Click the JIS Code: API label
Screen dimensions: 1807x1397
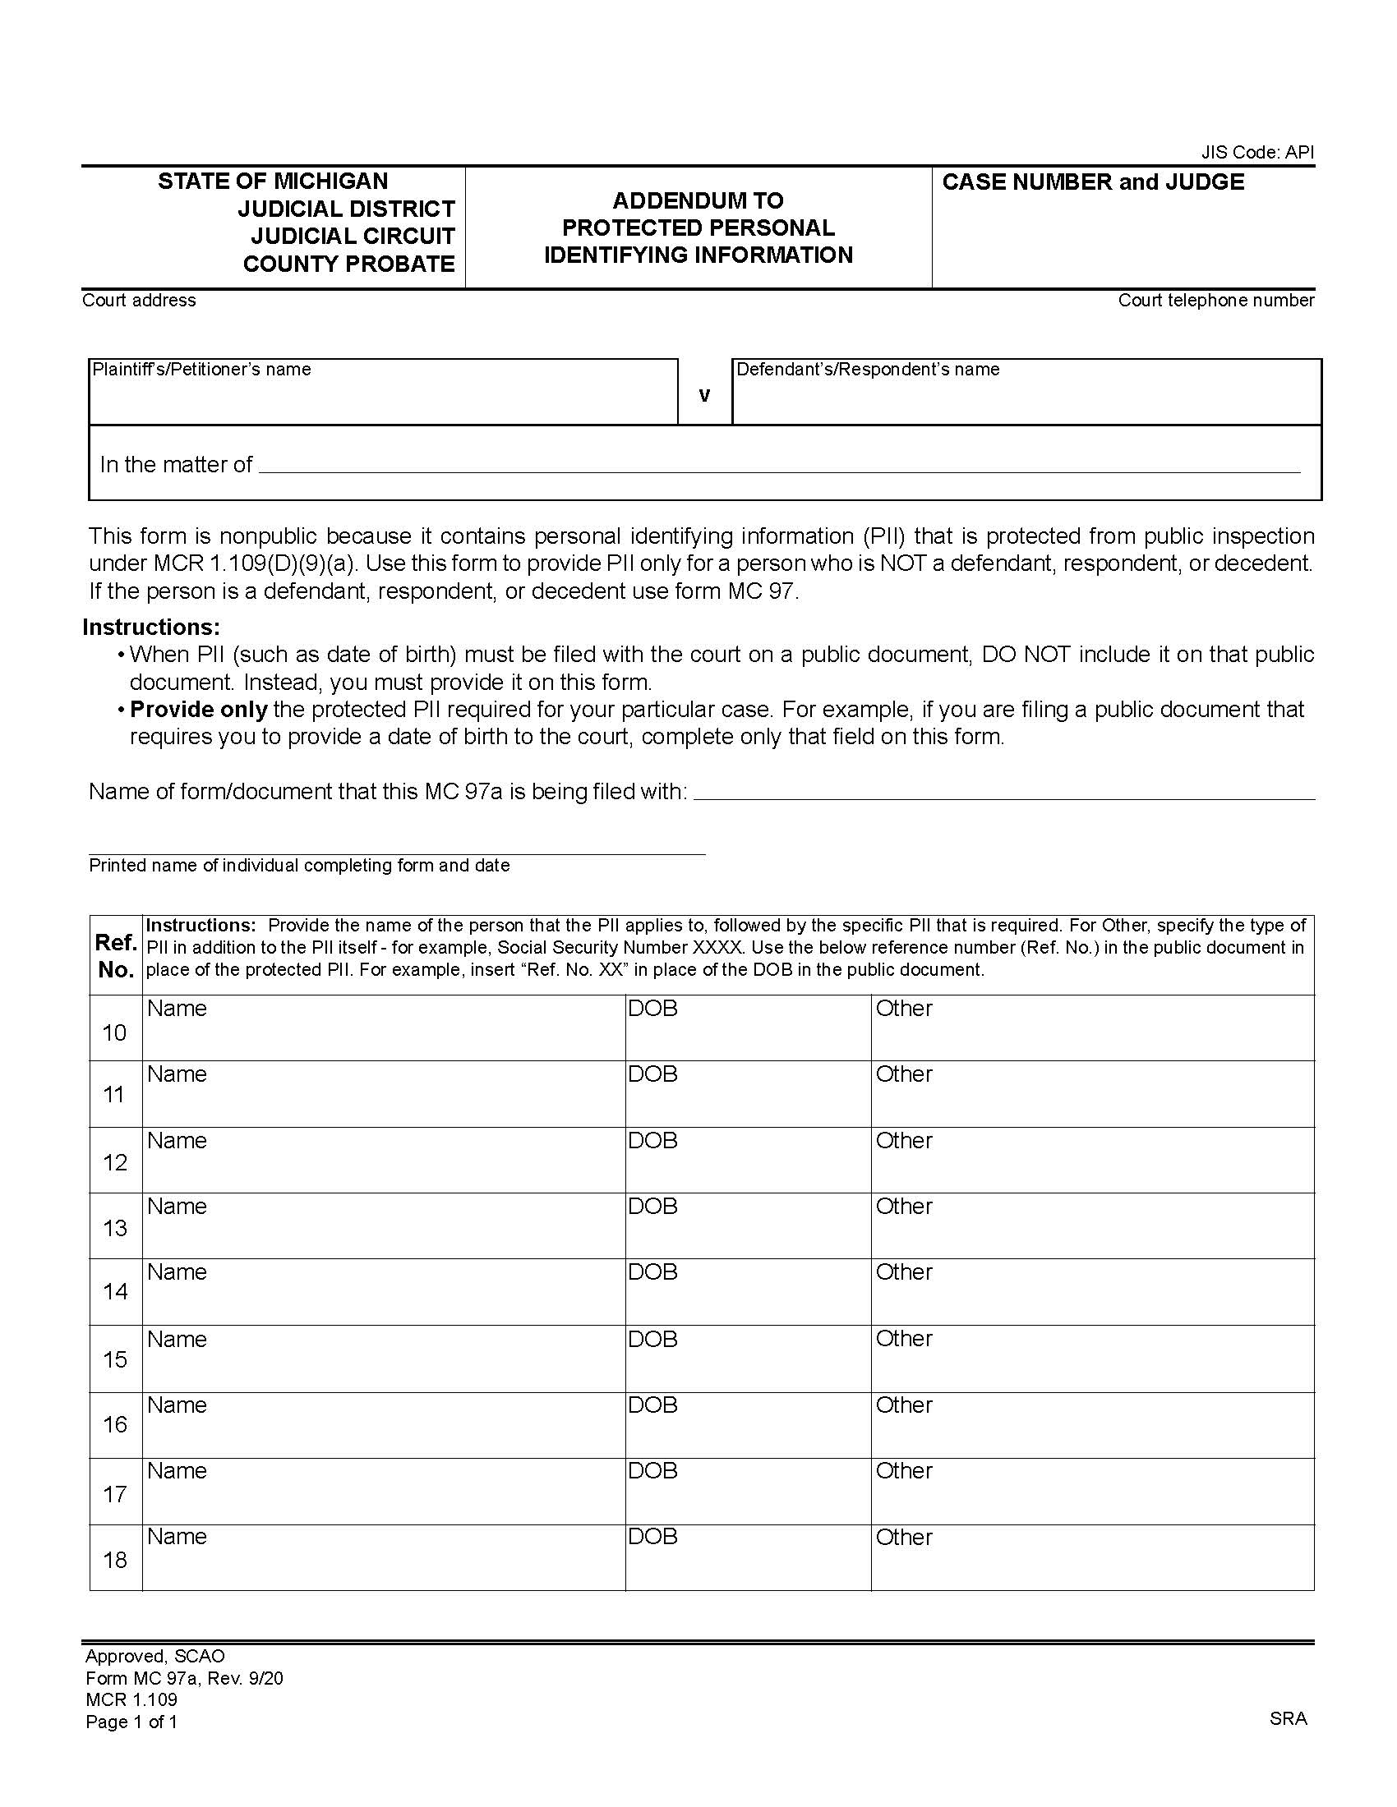coord(1256,152)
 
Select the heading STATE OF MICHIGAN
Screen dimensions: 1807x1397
coord(272,182)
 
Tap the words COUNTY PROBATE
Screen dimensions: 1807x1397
coord(348,264)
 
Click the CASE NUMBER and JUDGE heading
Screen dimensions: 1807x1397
coord(1092,182)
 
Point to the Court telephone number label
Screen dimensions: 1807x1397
coord(1215,301)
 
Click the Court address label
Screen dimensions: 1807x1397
coord(138,301)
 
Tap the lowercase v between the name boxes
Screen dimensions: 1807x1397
coord(704,396)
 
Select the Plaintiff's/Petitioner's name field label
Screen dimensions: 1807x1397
coord(201,370)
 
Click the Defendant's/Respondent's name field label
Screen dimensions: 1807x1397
coord(867,370)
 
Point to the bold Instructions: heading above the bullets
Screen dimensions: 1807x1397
coord(150,628)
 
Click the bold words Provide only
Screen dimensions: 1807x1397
coord(199,709)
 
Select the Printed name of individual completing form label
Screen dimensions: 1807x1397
coord(299,866)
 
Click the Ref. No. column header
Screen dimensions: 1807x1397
coord(115,955)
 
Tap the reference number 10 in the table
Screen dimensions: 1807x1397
coord(114,1032)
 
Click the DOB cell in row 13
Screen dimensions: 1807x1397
coord(747,1226)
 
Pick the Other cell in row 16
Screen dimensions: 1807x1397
coord(1091,1425)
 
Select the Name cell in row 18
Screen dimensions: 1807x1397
coord(383,1557)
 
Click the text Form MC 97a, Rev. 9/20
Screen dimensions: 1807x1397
coord(184,1678)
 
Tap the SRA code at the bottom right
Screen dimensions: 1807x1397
coord(1288,1718)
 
